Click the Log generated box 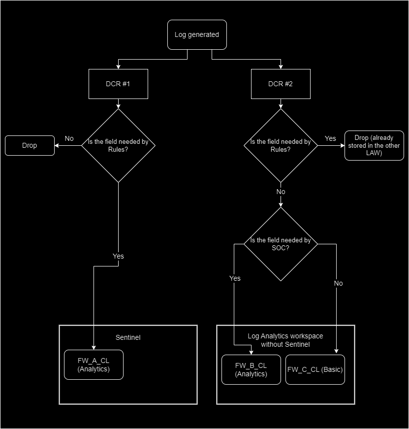[197, 34]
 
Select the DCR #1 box [118, 84]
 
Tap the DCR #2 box [281, 84]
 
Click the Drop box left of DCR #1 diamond [30, 145]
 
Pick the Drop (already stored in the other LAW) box [374, 145]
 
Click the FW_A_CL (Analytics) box [94, 365]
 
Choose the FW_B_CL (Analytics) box [251, 369]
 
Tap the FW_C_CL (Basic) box [315, 369]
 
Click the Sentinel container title [128, 338]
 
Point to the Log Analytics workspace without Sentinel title [285, 340]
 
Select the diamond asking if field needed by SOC [281, 244]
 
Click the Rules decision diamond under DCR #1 [118, 145]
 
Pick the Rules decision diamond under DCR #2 [281, 145]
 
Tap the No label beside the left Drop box [69, 138]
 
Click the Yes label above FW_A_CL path [118, 256]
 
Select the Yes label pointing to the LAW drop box [331, 138]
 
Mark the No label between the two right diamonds [281, 192]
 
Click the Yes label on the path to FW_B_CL [235, 278]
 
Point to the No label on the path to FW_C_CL [338, 283]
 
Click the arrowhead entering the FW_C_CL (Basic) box [337, 352]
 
